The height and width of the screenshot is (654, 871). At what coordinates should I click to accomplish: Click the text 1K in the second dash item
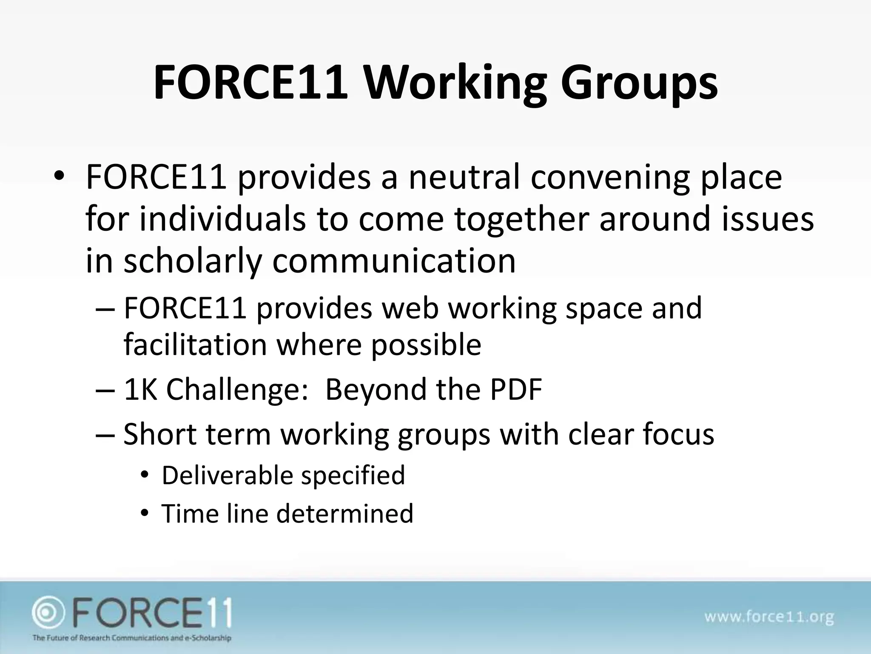(x=140, y=389)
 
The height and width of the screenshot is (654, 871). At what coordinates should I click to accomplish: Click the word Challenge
(x=233, y=389)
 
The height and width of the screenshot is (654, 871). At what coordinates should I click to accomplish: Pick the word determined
(x=344, y=513)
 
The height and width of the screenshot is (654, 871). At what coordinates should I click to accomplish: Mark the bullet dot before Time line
(x=145, y=514)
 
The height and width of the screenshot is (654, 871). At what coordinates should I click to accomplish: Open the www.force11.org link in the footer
(x=769, y=617)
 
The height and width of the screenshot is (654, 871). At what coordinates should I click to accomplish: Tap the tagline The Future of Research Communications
(x=132, y=637)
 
